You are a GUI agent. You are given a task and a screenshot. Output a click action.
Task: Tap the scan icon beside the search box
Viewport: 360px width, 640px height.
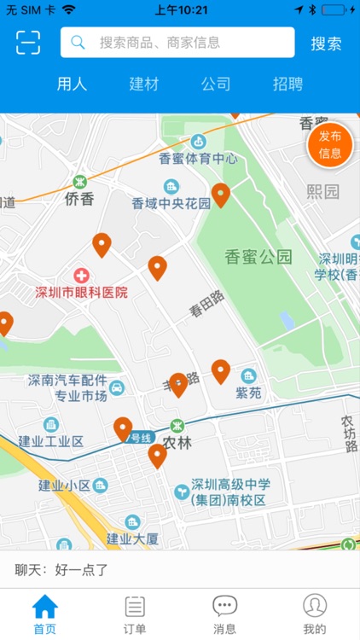(28, 43)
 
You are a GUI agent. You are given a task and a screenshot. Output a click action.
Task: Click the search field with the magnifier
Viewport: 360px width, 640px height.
(177, 43)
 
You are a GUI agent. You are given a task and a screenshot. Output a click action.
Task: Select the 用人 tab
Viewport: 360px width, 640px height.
(72, 84)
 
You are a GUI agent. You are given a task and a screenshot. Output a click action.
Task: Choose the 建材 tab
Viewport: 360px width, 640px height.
(144, 84)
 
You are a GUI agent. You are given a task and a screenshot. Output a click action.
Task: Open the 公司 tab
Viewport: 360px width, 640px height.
(216, 84)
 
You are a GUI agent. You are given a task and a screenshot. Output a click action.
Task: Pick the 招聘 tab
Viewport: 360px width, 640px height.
(287, 84)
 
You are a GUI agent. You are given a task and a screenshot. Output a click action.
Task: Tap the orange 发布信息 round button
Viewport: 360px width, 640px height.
(330, 145)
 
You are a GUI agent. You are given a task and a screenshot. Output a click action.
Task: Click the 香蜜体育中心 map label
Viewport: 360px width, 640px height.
(198, 158)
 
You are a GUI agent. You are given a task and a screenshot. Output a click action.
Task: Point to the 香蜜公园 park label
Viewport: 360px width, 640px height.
(258, 256)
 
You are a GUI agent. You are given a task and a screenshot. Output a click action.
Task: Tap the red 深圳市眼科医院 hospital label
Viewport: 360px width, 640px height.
(81, 292)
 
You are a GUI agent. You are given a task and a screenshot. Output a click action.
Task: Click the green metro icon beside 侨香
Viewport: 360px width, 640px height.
(79, 182)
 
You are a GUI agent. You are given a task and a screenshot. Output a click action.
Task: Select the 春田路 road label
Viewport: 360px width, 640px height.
(206, 304)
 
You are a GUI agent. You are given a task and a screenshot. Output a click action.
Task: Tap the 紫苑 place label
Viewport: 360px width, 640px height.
(249, 393)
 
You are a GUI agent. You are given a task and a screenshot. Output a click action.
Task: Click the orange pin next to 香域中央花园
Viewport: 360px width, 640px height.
(221, 195)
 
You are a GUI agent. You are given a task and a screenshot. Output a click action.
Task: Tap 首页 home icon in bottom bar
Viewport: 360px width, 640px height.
(45, 608)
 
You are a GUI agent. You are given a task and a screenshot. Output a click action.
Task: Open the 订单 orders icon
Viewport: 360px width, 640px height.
(135, 608)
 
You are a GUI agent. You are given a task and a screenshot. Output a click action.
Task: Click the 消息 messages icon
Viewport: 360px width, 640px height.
(224, 608)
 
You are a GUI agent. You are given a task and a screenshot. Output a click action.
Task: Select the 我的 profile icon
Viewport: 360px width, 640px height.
(315, 608)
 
